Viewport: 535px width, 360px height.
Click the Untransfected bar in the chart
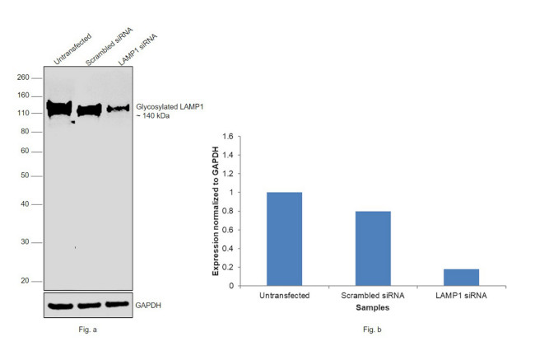point(284,239)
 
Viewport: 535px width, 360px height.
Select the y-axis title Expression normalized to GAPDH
point(216,211)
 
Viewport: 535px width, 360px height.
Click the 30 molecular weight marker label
point(26,242)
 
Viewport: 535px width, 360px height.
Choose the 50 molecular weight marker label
point(26,175)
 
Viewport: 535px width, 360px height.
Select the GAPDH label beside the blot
point(150,305)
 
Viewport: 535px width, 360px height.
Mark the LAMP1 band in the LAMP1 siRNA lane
point(118,108)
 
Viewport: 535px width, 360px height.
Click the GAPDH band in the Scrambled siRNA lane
point(88,306)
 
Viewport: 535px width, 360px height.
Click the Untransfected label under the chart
point(284,296)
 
